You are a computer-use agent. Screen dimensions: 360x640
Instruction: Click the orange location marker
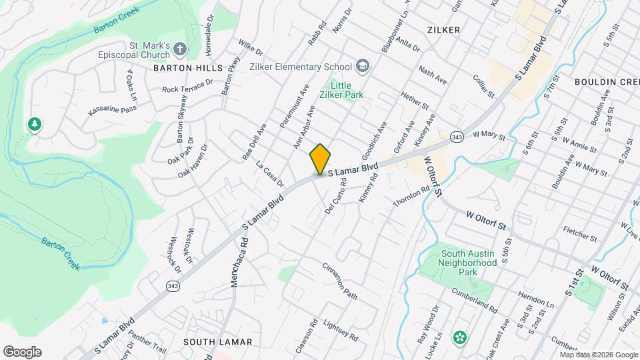coord(320,159)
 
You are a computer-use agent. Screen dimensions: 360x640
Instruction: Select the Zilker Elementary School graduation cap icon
coord(362,65)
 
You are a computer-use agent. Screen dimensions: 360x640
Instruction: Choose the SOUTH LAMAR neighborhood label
coord(217,342)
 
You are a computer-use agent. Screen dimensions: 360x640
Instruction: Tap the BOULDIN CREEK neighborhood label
coord(607,82)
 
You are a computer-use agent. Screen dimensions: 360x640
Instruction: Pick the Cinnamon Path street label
coord(340,281)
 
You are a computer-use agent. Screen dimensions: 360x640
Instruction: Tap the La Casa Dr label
coord(270,173)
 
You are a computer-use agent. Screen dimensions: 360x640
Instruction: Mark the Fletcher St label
coord(579,235)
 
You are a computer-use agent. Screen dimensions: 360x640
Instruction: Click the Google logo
coord(22,351)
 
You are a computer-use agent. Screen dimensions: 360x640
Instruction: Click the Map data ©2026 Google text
coord(598,355)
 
